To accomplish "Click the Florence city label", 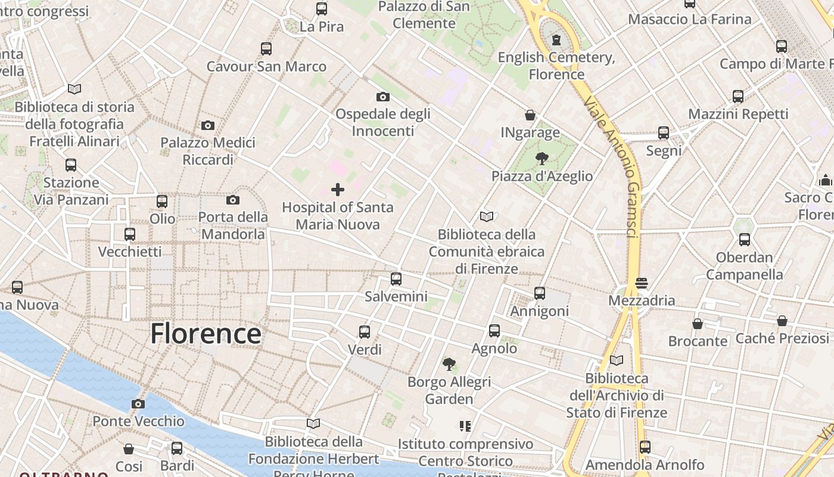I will [206, 333].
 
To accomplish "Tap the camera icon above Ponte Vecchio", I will [138, 404].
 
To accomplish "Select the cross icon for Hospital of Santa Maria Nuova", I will [338, 190].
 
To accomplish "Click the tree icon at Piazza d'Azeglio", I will [542, 158].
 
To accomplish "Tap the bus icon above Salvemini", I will [396, 278].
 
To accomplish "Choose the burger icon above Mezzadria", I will [642, 283].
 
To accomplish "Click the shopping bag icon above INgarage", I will [530, 114].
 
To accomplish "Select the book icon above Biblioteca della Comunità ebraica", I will [487, 216].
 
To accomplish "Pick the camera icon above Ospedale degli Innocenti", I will [382, 96].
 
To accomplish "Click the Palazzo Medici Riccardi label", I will [208, 151].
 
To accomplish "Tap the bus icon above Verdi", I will [364, 332].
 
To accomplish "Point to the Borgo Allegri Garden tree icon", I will [449, 364].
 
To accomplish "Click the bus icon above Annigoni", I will [540, 293].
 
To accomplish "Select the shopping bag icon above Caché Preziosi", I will [782, 321].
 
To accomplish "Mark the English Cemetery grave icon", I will [556, 40].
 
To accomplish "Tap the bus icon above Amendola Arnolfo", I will [645, 447].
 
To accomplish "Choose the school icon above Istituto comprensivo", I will [465, 426].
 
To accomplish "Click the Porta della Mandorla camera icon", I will [232, 200].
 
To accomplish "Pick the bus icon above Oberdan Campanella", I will [744, 240].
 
